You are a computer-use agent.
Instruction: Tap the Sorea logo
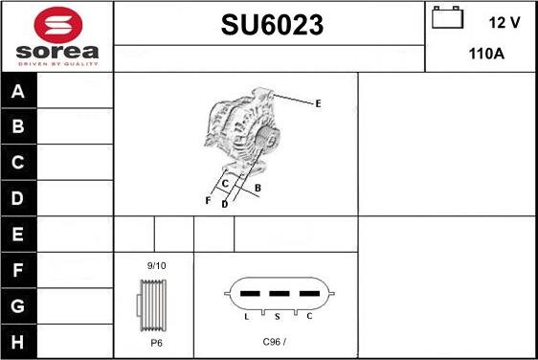[57, 36]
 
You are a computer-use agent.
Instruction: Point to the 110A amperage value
[486, 55]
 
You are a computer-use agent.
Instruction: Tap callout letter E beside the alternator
[318, 103]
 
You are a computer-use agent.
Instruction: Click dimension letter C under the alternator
[225, 183]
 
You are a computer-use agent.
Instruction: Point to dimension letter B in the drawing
[258, 188]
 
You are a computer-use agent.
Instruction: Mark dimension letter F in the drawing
[208, 201]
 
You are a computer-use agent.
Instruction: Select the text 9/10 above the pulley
[155, 263]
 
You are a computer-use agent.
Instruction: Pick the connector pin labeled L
[247, 314]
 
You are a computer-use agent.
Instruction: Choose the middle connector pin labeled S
[278, 314]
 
